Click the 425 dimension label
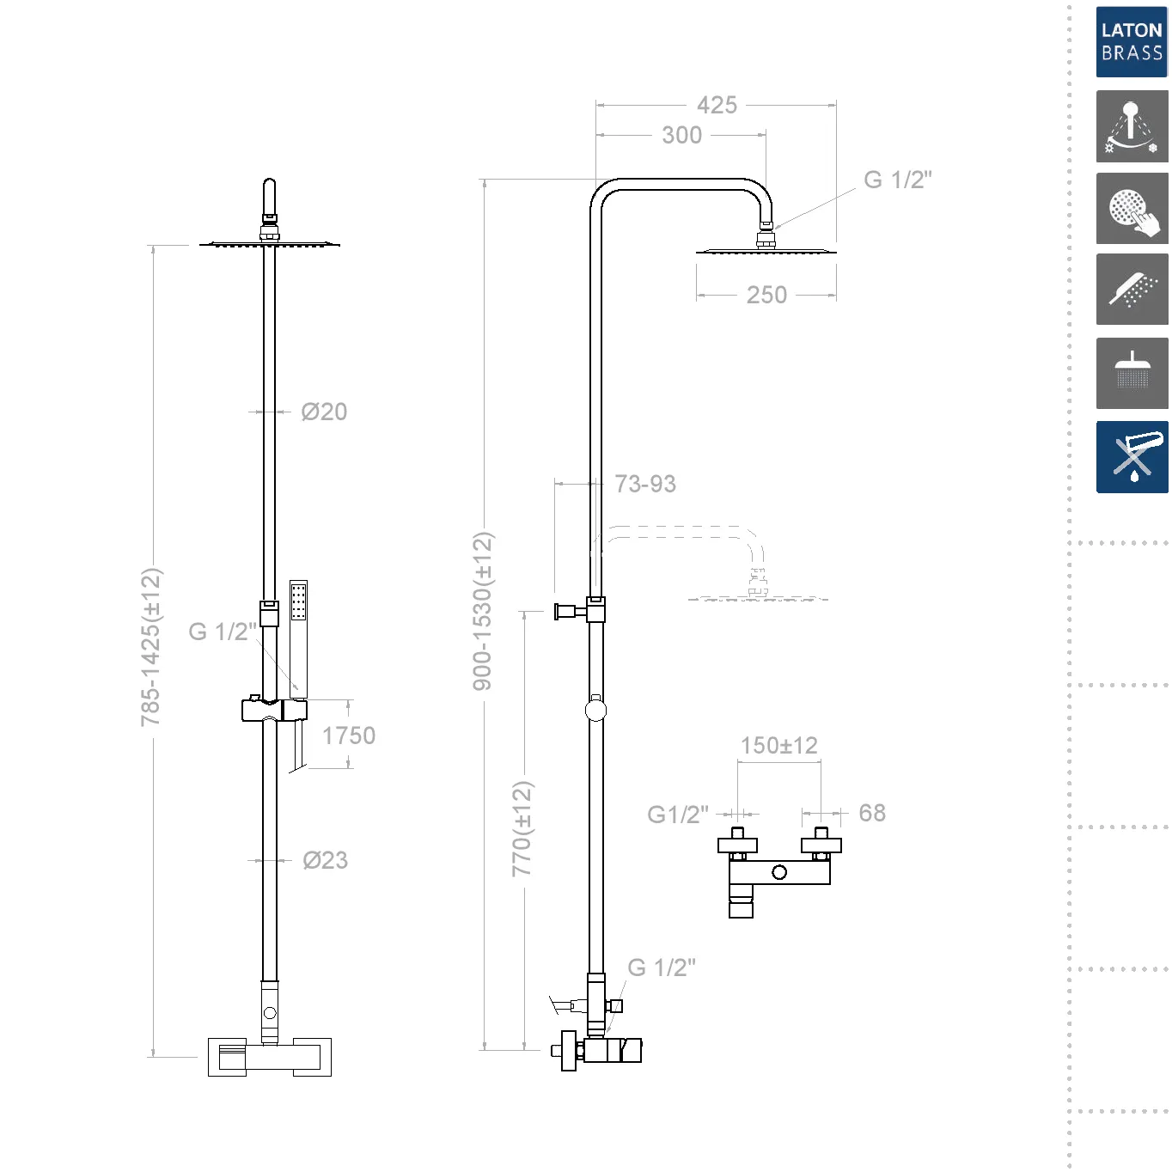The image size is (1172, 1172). (717, 105)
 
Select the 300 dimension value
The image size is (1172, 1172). (681, 135)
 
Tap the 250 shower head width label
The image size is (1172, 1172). (766, 295)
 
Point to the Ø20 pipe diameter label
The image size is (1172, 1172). (324, 412)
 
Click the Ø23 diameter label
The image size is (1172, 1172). (325, 860)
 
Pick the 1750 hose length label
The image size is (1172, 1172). (348, 736)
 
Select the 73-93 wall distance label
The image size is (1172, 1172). (645, 484)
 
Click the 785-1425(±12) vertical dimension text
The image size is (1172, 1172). (151, 646)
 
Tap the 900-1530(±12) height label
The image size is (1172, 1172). (483, 610)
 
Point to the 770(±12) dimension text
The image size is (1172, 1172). (522, 828)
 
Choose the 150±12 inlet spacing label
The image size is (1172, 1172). (778, 745)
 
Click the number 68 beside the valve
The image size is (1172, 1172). (872, 813)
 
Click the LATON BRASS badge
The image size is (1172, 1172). (1132, 41)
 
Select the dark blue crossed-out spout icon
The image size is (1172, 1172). (1132, 456)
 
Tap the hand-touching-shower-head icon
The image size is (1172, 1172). (1132, 209)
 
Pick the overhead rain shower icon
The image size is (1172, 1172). (1132, 373)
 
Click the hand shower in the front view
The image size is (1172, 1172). (298, 636)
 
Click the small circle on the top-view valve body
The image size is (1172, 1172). (779, 872)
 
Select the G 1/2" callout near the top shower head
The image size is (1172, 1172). (897, 180)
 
